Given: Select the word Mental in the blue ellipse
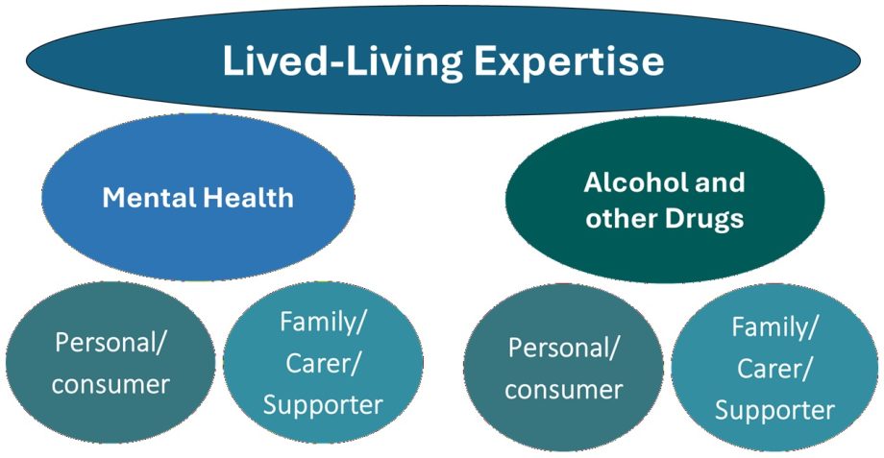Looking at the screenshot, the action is (149, 198).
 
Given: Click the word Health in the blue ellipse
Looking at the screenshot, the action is (248, 198).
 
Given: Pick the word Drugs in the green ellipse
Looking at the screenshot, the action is (704, 219).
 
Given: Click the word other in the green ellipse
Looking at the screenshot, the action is (623, 219).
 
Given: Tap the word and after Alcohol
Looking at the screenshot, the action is (717, 182).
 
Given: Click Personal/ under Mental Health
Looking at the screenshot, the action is (110, 342).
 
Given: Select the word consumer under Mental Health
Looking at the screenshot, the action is (110, 385).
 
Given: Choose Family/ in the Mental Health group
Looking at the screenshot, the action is (323, 323).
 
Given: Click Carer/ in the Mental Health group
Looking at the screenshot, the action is (323, 363).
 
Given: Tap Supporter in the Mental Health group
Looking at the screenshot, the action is (323, 405).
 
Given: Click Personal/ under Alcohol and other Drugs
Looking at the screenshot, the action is (563, 348).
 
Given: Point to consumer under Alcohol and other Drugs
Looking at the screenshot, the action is (563, 390).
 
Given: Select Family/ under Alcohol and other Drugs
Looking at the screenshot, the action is (774, 327).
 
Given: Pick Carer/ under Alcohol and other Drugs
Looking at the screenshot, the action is (774, 369).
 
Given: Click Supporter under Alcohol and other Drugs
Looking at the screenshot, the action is (774, 411).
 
